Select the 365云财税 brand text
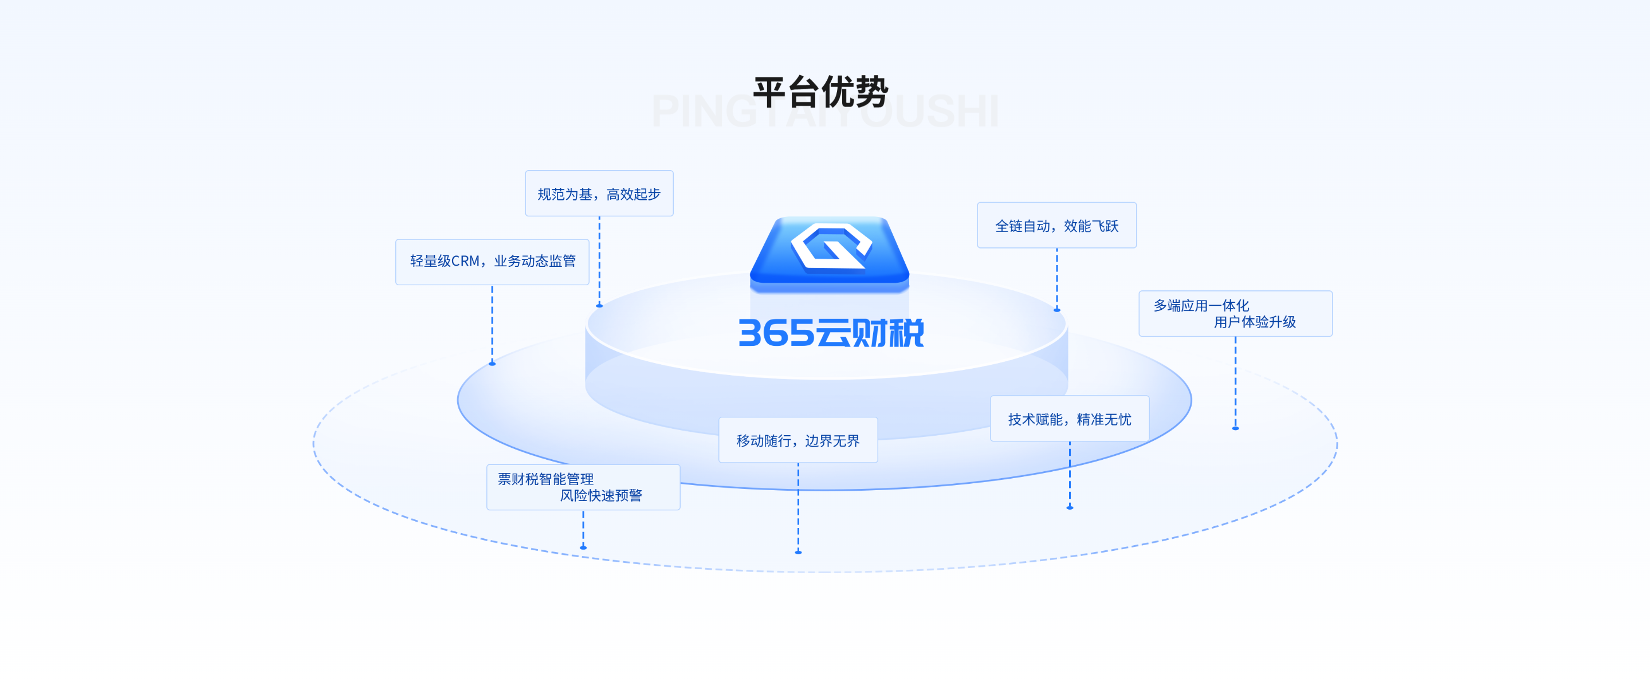(x=831, y=333)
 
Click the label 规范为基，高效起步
(x=599, y=194)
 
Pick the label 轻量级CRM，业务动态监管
(x=492, y=261)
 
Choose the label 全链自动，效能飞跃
(x=1056, y=226)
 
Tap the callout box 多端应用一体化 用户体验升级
(x=1235, y=314)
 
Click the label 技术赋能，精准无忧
(x=1069, y=419)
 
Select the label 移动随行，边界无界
(x=797, y=440)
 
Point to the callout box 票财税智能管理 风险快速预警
(x=583, y=487)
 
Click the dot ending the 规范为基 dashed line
(x=599, y=306)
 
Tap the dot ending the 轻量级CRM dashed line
(x=492, y=364)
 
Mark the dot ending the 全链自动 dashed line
(x=1057, y=310)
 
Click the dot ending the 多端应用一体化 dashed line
(x=1236, y=428)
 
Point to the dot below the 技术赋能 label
(x=1070, y=507)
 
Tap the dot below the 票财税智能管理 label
(x=583, y=547)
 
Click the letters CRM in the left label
(x=465, y=261)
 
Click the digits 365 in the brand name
(x=776, y=333)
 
